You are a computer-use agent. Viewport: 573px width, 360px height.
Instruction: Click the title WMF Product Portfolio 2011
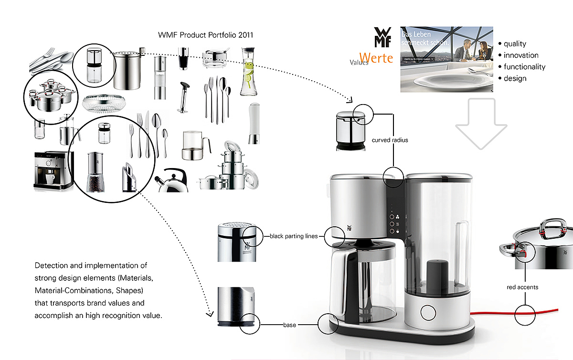pos(205,35)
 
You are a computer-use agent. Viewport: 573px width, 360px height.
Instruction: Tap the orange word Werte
pos(376,58)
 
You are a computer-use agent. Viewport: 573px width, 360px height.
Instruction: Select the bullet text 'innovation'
pos(521,55)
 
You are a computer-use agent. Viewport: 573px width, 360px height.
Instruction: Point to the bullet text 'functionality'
pos(524,67)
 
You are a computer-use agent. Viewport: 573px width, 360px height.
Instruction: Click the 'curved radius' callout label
pos(390,140)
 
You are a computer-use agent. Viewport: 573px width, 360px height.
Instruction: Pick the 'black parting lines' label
pos(294,236)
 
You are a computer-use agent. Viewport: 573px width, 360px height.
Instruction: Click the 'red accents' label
pos(522,287)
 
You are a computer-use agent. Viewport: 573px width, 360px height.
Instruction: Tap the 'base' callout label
pos(289,325)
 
